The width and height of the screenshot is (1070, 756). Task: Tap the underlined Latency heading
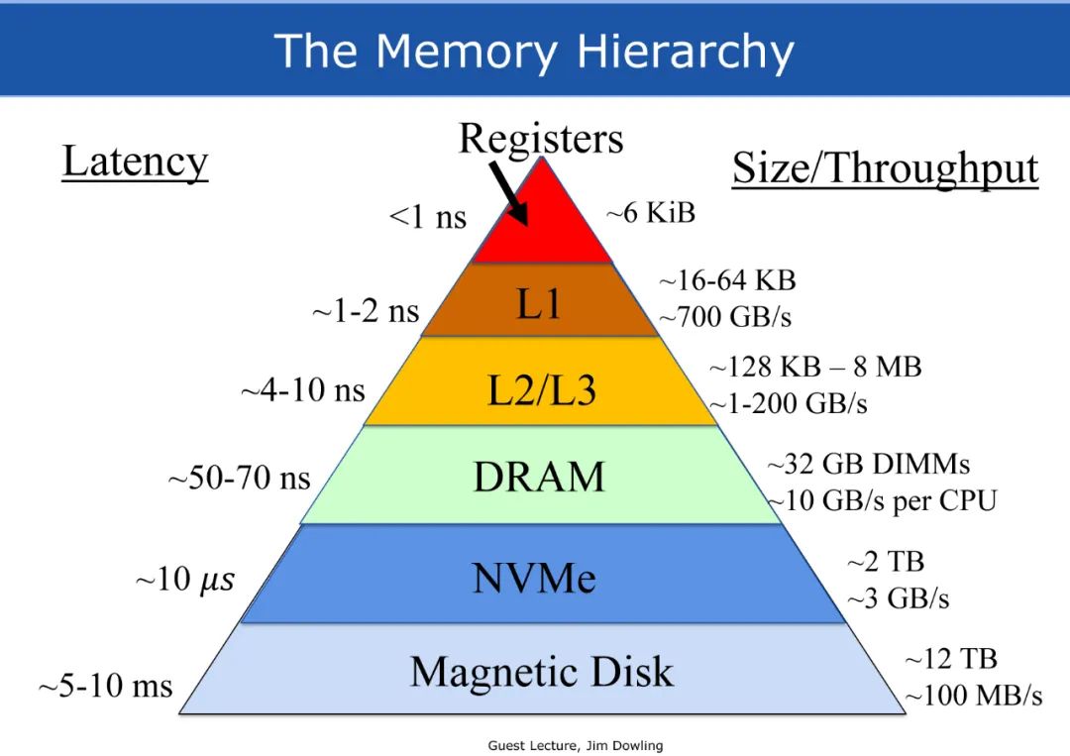coord(135,162)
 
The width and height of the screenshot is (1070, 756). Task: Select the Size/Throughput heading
coord(885,168)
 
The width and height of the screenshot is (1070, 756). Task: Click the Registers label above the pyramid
coord(541,138)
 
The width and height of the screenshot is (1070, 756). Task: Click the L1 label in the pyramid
coord(539,304)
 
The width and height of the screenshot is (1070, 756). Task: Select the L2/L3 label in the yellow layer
coord(541,391)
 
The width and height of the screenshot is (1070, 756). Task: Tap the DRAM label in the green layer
coord(539,478)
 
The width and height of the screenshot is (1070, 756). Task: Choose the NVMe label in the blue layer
coord(535,578)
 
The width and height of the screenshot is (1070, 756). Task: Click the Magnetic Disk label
coord(541,673)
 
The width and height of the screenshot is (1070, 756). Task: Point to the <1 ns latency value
coord(427,217)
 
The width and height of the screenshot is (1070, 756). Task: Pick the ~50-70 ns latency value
coord(239,480)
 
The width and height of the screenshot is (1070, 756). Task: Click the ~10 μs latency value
coord(185,580)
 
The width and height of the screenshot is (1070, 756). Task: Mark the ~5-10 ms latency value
coord(105,686)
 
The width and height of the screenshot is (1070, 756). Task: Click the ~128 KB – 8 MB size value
coord(814,367)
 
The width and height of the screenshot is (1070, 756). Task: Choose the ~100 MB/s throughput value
coord(973,696)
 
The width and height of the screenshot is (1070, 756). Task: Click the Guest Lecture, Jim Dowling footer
coord(576,745)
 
